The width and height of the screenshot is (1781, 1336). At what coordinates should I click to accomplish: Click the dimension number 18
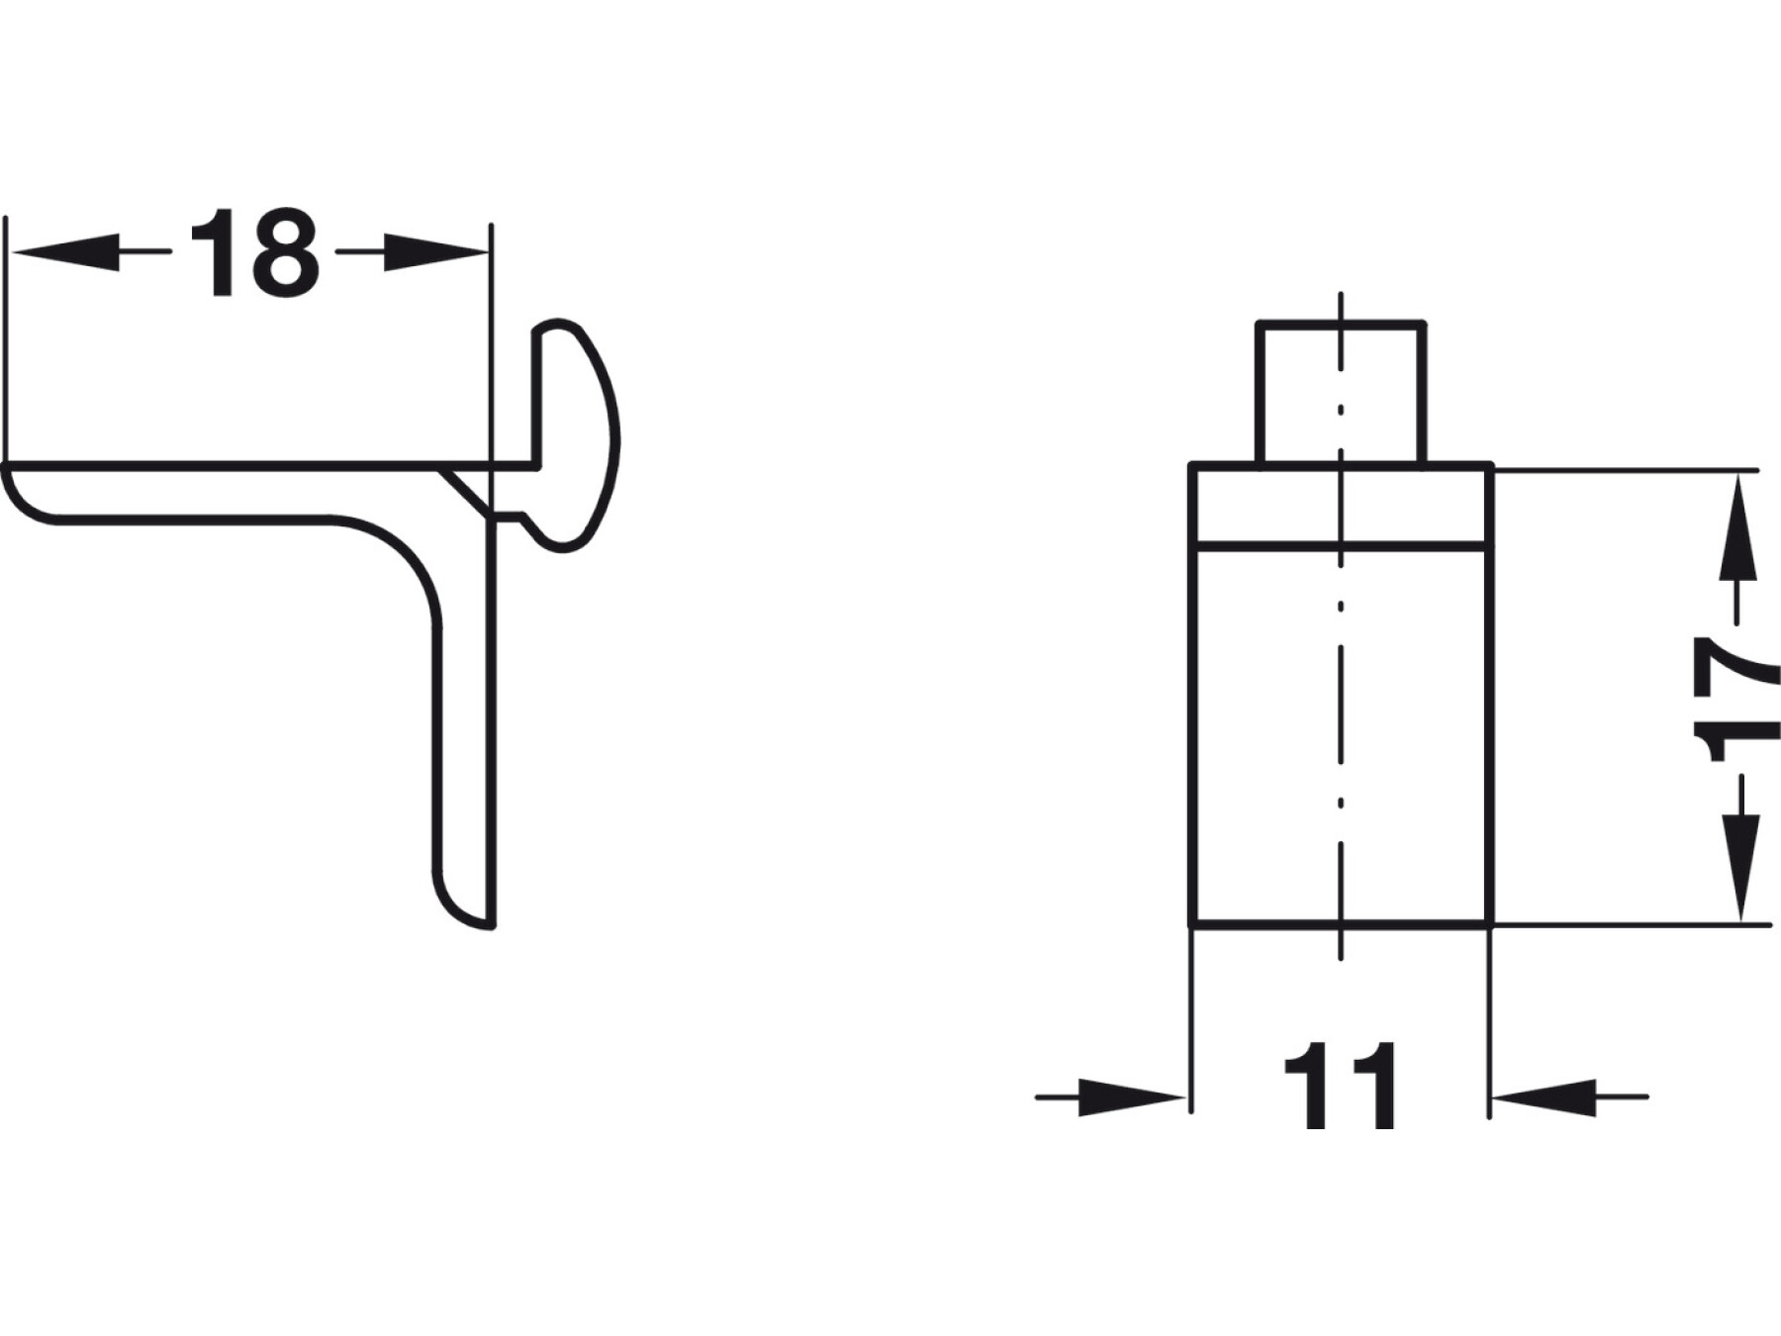coord(255,253)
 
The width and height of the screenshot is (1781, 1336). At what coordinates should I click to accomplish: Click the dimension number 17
coord(1737,699)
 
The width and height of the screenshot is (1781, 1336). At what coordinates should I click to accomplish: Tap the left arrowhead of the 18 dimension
coord(65,252)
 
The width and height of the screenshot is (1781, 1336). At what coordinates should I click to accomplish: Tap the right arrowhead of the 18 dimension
coord(436,252)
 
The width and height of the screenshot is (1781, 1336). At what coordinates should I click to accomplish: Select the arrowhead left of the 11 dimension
coord(1131,1097)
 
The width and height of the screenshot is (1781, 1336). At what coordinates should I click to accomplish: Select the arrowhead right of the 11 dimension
coord(1544,1097)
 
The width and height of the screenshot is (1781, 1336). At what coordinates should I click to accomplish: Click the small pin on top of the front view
coord(1341,393)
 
